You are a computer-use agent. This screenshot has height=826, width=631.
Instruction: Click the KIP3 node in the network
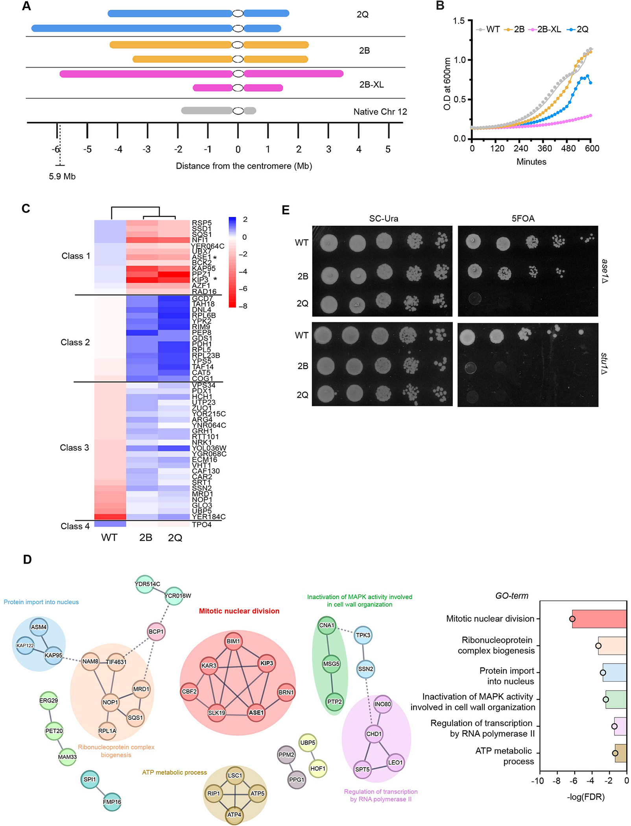pos(266,663)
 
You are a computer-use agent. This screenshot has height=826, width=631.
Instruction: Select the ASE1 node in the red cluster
pos(256,712)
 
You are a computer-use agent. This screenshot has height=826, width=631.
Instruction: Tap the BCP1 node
pos(156,631)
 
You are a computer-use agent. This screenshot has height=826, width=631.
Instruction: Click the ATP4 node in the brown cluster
pos(234,815)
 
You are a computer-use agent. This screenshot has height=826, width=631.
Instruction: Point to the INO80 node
pos(382,704)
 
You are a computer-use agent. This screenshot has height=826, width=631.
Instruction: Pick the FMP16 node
pos(112,802)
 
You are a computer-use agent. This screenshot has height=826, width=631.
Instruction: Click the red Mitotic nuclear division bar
pos(599,619)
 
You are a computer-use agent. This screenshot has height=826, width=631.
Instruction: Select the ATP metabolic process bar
pos(620,753)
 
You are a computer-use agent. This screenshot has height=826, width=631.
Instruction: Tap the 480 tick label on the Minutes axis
pos(568,149)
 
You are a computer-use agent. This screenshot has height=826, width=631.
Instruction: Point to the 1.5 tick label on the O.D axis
pos(459,21)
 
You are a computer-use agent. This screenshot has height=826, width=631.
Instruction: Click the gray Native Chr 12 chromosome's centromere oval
pos(238,111)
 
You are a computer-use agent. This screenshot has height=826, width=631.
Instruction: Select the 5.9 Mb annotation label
pos(62,176)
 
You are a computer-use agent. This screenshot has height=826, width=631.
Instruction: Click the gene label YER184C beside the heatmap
pos(208,516)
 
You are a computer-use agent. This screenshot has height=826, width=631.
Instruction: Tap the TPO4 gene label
pos(201,524)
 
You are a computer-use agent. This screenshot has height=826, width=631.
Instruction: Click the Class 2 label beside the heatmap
pos(75,342)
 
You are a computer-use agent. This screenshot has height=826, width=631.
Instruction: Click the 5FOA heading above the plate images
pos(523,219)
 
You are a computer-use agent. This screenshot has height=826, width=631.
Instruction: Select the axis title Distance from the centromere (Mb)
pos(244,166)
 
